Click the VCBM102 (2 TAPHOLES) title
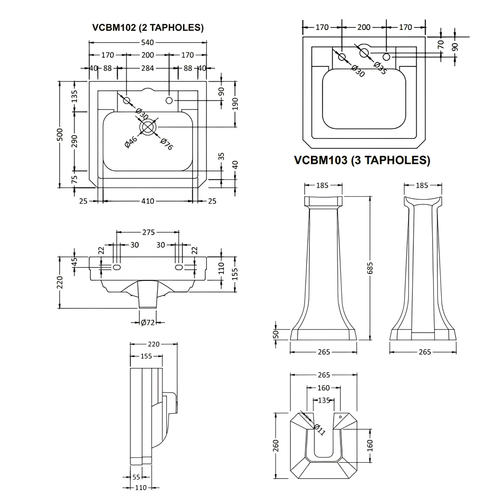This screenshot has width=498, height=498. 148,27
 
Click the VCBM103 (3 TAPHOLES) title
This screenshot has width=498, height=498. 362,160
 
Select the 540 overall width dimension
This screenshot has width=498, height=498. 148,42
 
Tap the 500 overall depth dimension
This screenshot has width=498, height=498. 60,134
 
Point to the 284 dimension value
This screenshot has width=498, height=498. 147,68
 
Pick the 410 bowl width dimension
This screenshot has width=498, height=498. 148,201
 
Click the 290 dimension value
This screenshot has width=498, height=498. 74,141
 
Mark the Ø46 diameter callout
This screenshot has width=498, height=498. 131,142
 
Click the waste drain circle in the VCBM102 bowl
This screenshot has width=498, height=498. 148,127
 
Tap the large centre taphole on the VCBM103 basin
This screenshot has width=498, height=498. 364,52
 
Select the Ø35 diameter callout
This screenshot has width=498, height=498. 380,68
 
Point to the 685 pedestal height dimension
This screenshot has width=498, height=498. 370,268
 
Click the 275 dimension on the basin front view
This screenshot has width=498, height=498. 148,232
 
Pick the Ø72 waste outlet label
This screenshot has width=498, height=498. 148,322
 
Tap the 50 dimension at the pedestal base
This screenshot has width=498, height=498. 276,334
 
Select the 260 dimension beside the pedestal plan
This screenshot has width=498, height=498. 276,446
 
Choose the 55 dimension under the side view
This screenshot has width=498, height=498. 136,477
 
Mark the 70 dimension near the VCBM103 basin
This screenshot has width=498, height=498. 441,44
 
